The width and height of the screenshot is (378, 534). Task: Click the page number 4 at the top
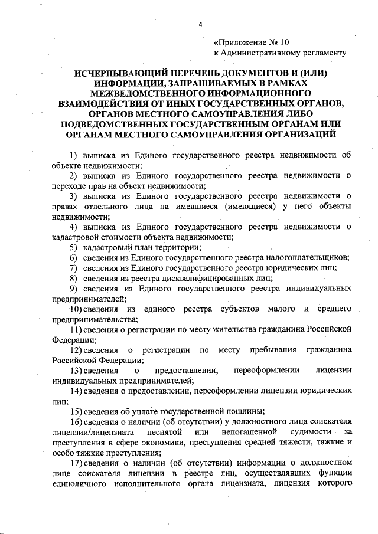tap(200, 24)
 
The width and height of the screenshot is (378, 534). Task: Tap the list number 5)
tap(73, 247)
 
